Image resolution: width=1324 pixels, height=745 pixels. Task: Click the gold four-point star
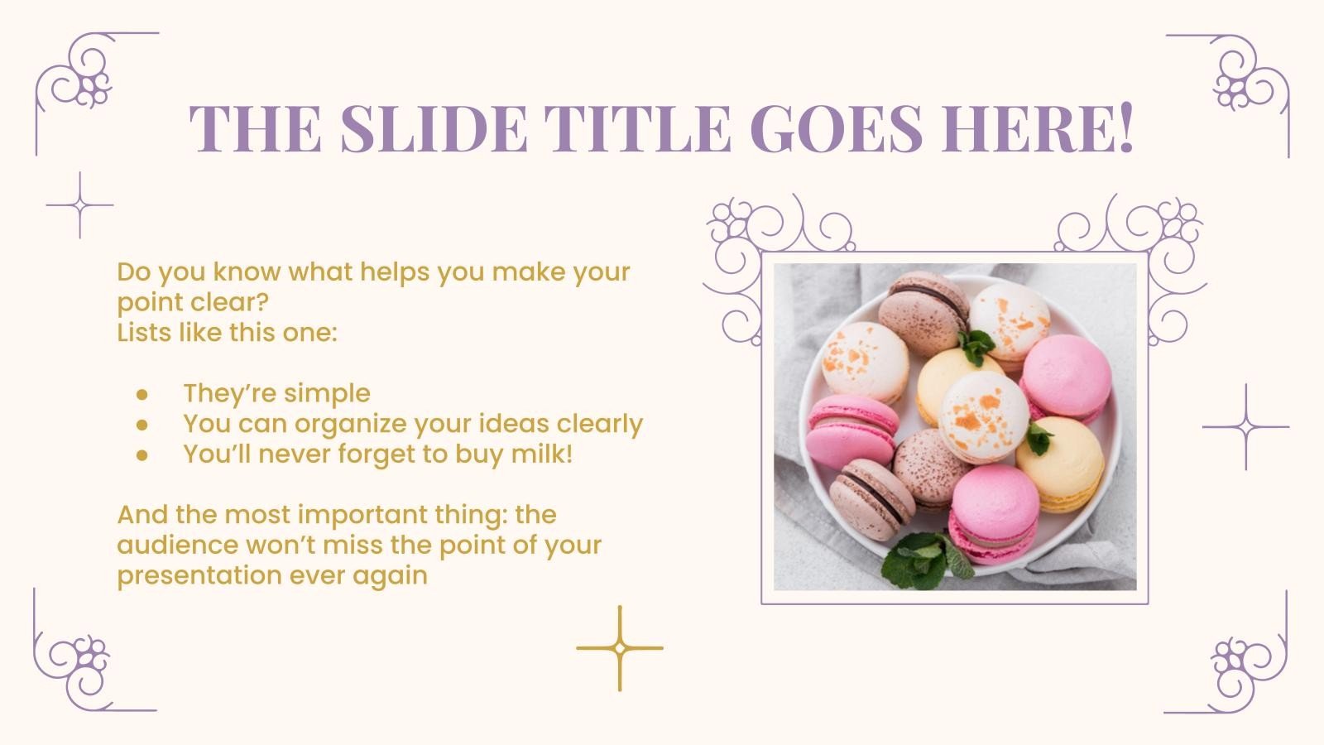(620, 648)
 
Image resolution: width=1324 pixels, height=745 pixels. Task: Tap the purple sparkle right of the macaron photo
(1245, 427)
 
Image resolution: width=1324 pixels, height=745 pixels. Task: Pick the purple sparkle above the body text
(79, 205)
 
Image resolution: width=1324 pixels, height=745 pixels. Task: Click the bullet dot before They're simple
(142, 394)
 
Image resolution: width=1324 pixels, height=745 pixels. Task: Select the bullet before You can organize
(142, 425)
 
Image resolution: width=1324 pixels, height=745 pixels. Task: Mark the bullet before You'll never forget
(142, 454)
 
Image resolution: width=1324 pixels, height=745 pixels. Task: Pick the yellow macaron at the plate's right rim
(1061, 464)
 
